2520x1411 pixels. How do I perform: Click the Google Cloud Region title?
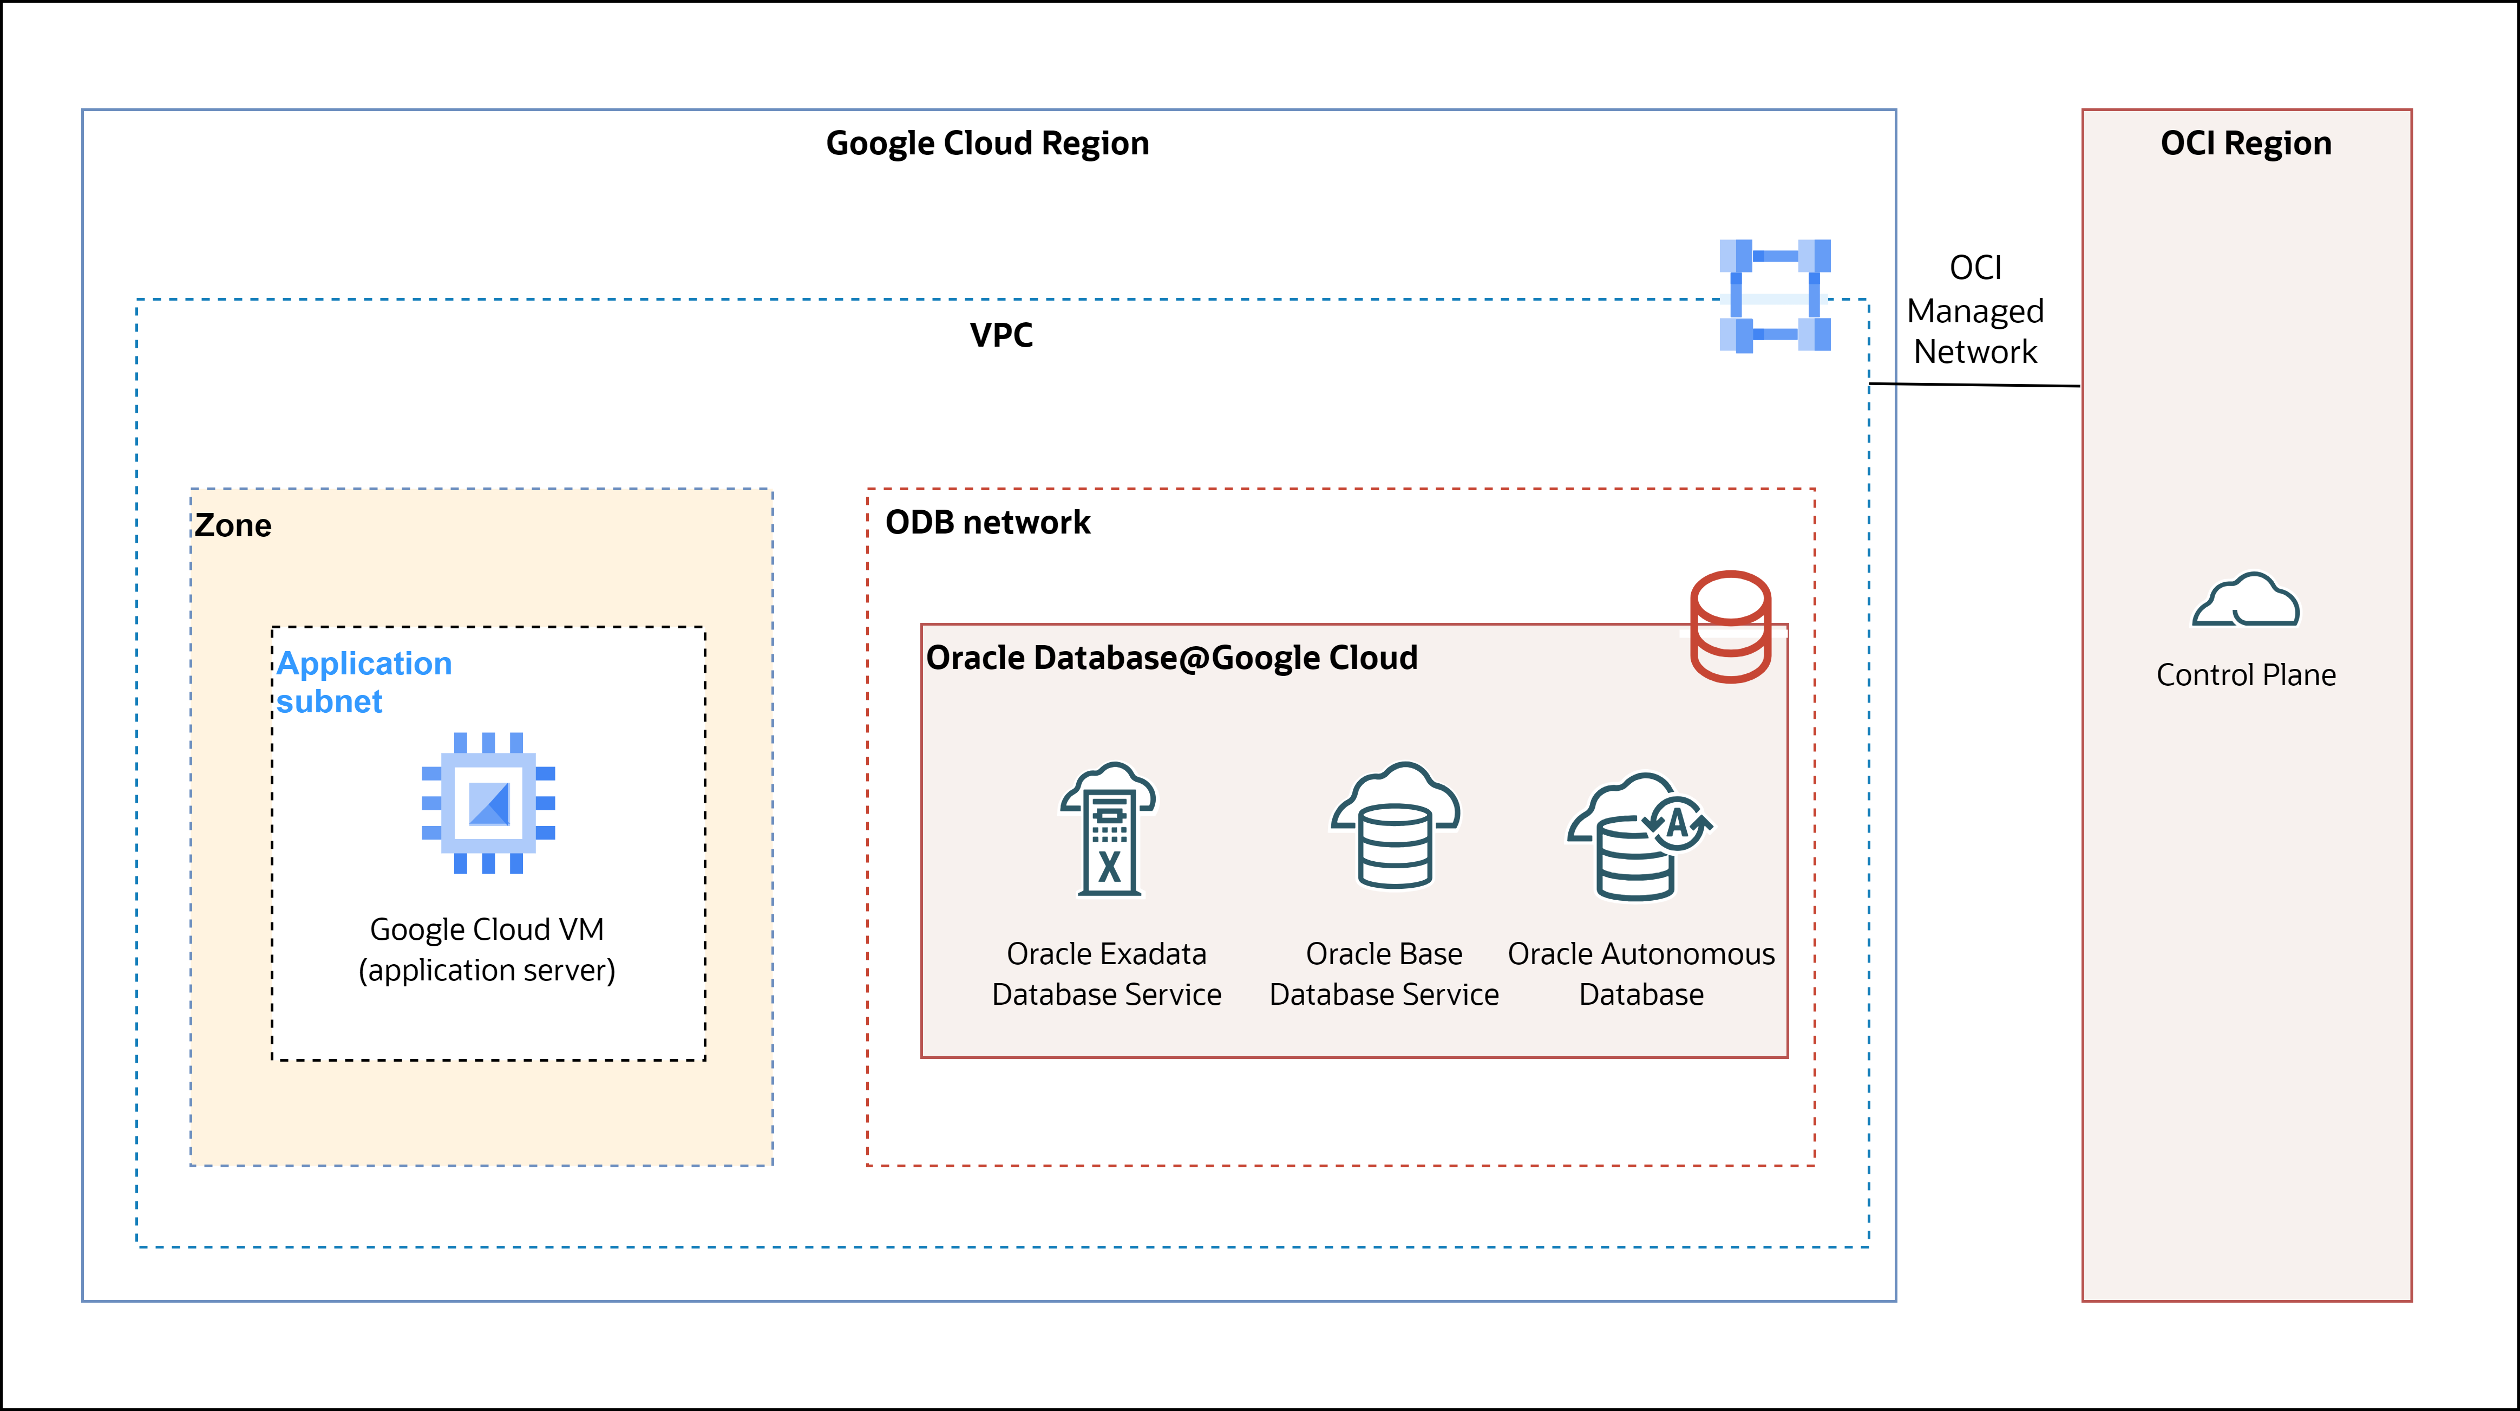tap(987, 144)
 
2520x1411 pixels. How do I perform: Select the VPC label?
tap(1001, 335)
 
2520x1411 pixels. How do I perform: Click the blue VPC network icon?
tap(1775, 296)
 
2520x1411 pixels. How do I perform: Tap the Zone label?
tap(233, 525)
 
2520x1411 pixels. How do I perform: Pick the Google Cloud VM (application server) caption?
tap(487, 949)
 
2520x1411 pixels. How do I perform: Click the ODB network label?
tap(987, 523)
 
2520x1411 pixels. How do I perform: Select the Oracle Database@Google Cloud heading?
tap(1171, 658)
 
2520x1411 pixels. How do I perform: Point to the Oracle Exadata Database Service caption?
tap(1107, 973)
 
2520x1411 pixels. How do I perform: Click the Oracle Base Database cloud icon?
tap(1395, 825)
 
